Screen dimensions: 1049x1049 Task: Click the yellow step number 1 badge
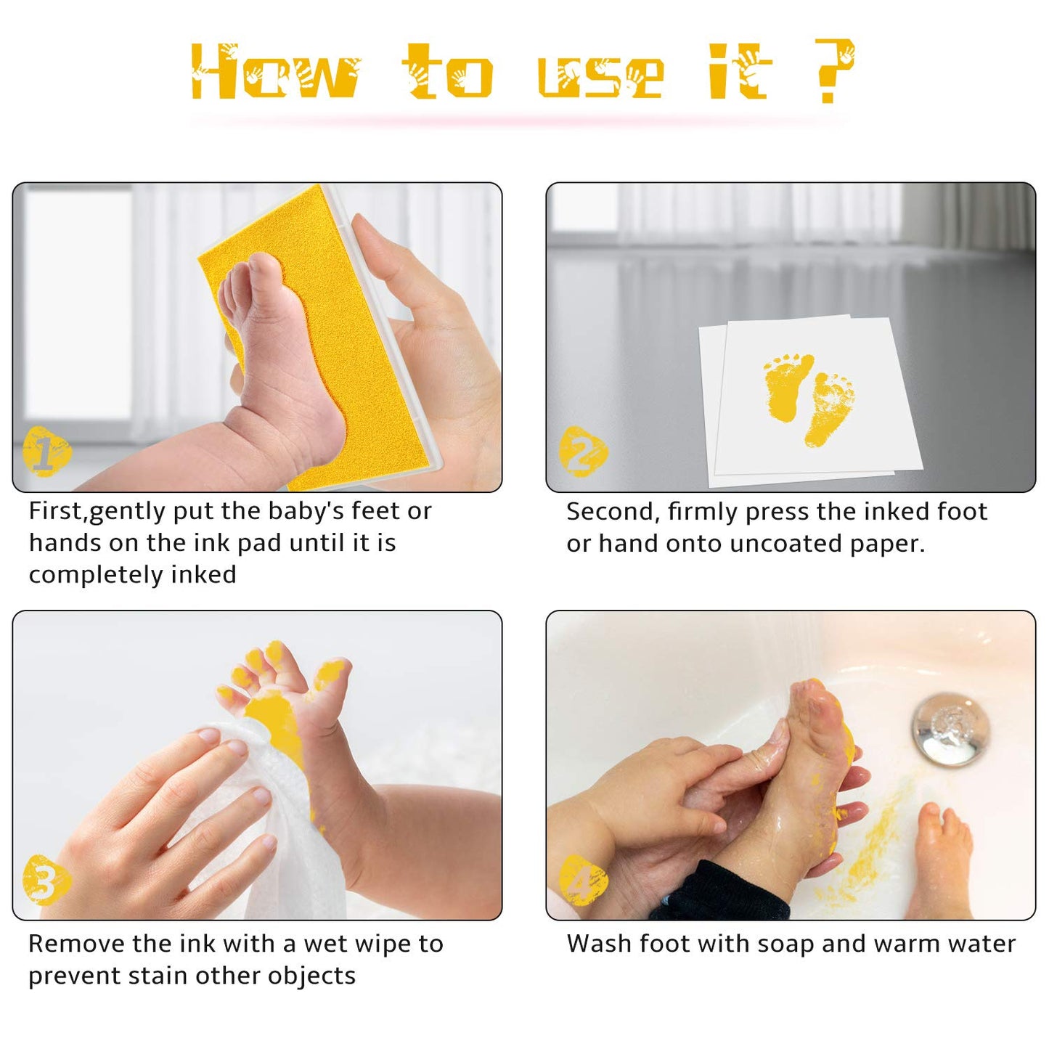(x=47, y=452)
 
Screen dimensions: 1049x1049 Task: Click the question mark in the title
(x=834, y=71)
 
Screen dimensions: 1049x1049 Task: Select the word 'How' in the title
(x=275, y=71)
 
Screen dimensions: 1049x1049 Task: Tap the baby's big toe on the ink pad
(x=264, y=269)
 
